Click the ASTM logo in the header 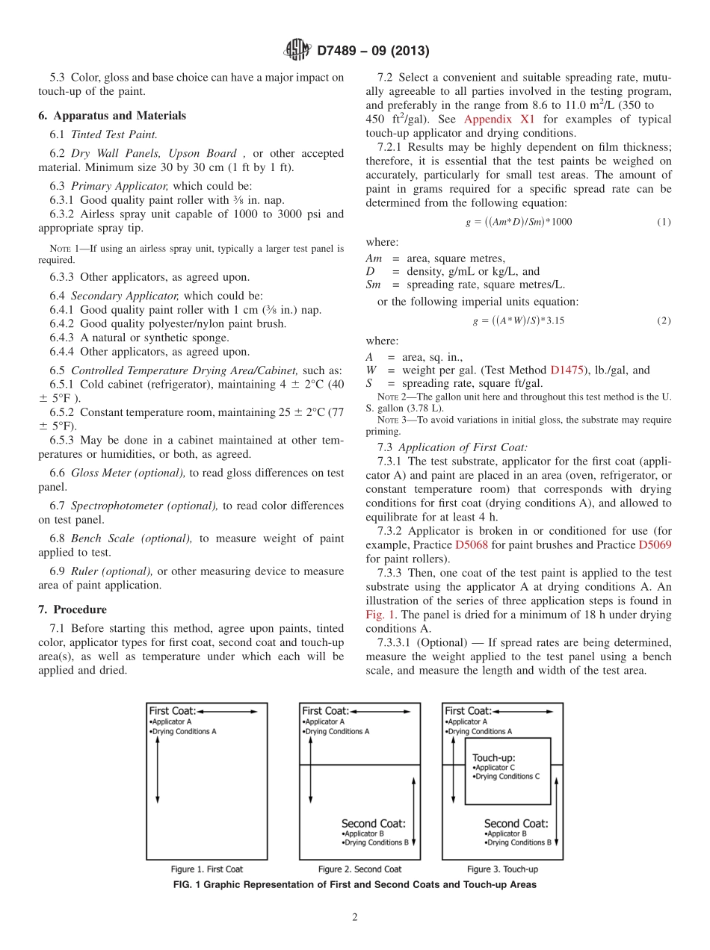pos(298,50)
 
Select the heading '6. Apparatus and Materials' pos(112,116)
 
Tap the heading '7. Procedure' pos(72,609)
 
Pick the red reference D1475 pos(568,370)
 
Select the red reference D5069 pos(655,545)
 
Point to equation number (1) pos(664,222)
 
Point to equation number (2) pos(664,320)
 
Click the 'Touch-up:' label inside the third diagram pos(494,757)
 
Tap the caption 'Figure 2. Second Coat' pos(359,869)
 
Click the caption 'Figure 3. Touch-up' pos(502,869)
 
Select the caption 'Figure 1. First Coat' pos(207,869)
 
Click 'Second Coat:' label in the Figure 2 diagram pos(374,824)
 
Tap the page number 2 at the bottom pos(355,918)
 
